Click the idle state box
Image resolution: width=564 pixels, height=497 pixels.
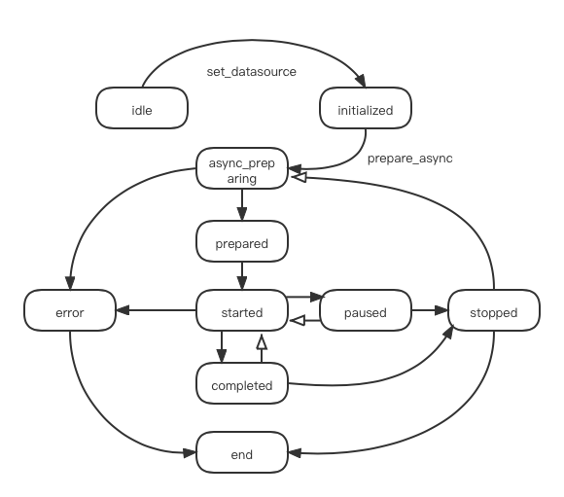pos(142,108)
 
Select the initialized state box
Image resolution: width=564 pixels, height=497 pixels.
pos(366,108)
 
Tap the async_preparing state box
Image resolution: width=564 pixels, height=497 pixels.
pos(242,168)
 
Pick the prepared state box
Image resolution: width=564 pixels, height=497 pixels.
pos(242,241)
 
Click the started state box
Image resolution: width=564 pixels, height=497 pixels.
pos(242,310)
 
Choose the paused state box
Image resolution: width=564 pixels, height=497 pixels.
pos(366,310)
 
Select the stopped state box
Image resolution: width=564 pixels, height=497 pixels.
pos(494,310)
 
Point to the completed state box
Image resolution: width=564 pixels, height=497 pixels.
pos(242,383)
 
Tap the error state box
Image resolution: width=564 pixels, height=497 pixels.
pos(70,310)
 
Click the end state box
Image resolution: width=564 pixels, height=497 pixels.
pos(242,452)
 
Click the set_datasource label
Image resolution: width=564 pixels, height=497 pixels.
pos(252,72)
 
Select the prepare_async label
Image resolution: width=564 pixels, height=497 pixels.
pos(410,159)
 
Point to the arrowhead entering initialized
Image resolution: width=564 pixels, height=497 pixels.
pos(361,81)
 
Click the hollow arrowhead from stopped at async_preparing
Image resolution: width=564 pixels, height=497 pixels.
pos(300,177)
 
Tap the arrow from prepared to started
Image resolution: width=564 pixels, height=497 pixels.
pos(242,275)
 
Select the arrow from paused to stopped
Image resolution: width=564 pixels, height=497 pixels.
pos(430,310)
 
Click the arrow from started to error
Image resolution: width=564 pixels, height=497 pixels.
pos(157,310)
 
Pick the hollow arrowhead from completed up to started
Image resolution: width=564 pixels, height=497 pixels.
pos(262,342)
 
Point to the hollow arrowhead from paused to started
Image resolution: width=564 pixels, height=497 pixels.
pos(298,320)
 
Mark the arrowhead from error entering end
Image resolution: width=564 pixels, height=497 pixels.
pos(190,452)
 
